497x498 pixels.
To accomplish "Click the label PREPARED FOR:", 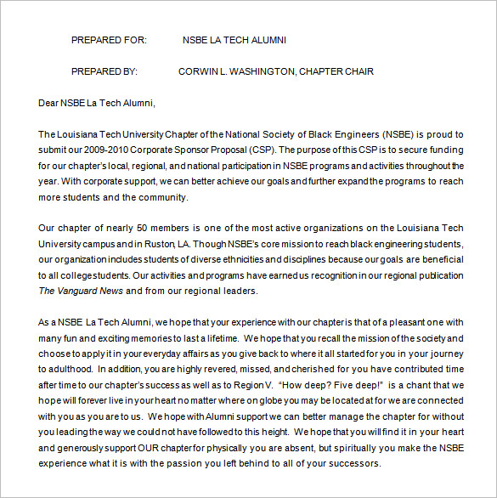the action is (x=109, y=39).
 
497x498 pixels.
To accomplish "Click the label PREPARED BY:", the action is (x=104, y=71).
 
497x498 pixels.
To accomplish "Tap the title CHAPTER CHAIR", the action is (x=336, y=71).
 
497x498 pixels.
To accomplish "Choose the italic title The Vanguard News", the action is (x=82, y=291).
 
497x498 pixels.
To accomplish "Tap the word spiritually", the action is (x=353, y=448).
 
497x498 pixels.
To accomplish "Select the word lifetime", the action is (x=208, y=337).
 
